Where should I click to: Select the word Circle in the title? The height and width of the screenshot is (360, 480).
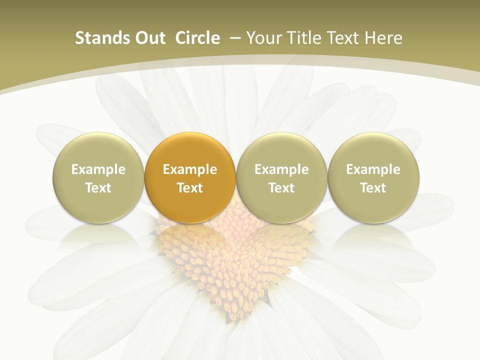197,38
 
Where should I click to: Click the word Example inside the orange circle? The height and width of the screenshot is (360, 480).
190,169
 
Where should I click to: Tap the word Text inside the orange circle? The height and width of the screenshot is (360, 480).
190,188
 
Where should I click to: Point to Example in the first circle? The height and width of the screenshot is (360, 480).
98,169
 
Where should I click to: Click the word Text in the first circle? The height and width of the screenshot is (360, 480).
98,188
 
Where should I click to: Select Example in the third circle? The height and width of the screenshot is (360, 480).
281,169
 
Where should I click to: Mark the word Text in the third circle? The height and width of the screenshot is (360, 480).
281,188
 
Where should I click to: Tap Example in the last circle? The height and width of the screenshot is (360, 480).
373,169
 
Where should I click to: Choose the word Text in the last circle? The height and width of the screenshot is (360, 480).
373,188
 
